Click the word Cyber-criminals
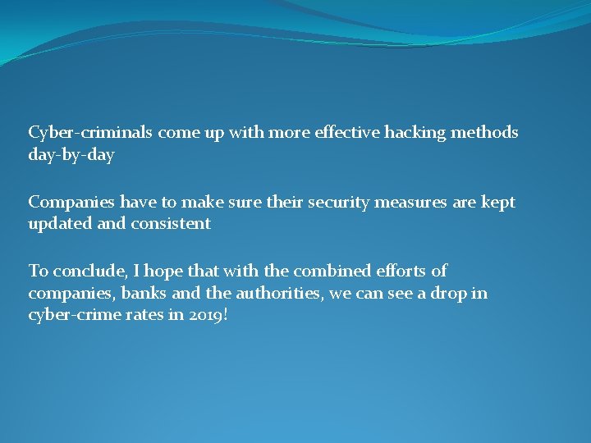click(x=91, y=132)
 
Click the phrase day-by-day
click(x=71, y=154)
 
